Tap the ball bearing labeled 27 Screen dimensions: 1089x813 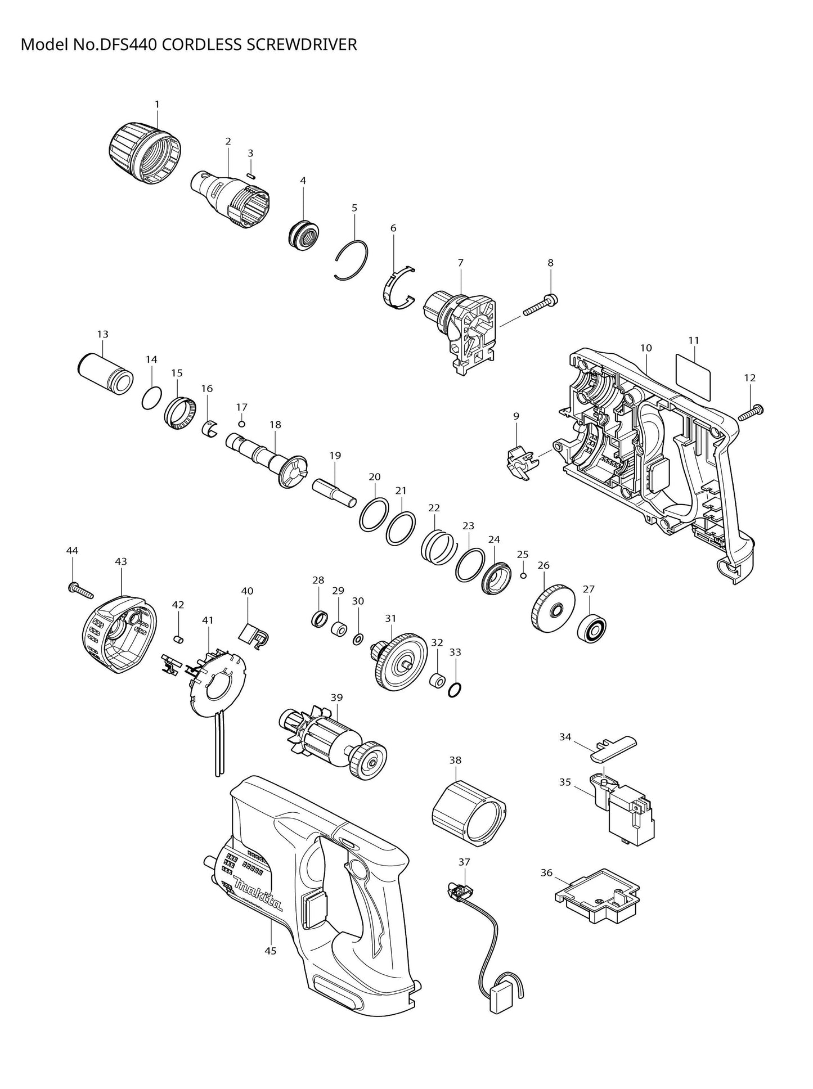click(591, 628)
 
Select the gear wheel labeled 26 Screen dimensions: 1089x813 click(552, 610)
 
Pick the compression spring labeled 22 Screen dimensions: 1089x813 click(437, 546)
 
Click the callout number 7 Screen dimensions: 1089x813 click(460, 263)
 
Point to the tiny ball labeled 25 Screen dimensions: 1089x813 click(523, 575)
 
